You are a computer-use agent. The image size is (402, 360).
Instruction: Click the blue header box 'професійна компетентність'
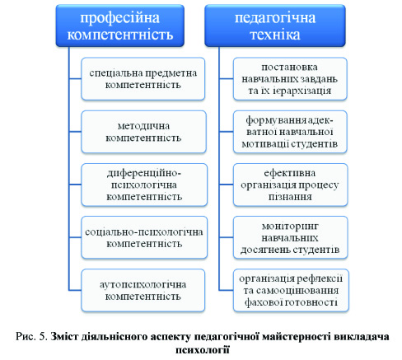tap(120, 26)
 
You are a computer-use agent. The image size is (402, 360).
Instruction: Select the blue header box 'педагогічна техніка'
tap(275, 26)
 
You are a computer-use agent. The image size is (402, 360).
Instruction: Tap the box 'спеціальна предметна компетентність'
tap(143, 79)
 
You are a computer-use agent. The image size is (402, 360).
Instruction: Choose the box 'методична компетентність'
tap(143, 132)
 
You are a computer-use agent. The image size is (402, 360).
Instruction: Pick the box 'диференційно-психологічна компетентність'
tap(144, 185)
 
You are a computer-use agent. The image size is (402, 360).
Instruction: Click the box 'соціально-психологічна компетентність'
tap(144, 237)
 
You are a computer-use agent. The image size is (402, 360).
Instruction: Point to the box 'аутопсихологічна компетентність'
tap(143, 291)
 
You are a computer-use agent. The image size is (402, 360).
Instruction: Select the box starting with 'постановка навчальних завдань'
tap(290, 79)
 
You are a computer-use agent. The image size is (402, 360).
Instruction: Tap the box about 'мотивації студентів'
tap(290, 132)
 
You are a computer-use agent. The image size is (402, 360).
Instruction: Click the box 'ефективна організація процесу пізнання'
tap(290, 185)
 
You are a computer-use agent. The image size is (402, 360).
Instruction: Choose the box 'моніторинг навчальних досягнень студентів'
tap(290, 237)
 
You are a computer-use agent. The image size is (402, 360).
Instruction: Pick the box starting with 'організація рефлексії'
tap(291, 291)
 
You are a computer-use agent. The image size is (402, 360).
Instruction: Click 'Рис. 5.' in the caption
tap(31, 336)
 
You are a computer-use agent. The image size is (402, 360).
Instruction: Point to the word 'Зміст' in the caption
tap(64, 336)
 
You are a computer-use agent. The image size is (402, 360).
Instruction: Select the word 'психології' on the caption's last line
tap(203, 350)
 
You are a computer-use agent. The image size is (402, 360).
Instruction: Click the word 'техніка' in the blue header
tap(275, 35)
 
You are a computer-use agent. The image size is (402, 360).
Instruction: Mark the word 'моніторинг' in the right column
tap(290, 226)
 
